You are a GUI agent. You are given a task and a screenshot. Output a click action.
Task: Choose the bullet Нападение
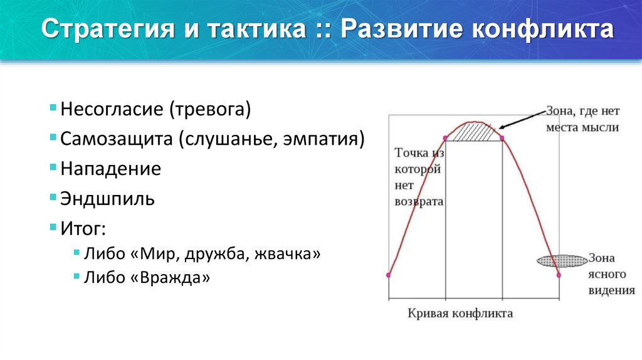111,169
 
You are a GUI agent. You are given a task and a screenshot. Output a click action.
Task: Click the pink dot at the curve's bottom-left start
389,275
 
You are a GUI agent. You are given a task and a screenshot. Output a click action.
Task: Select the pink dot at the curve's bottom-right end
559,274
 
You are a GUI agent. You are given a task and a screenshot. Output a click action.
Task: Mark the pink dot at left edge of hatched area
445,138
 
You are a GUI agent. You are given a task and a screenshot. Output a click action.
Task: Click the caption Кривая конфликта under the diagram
460,312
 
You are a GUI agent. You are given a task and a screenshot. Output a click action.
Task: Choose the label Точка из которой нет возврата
419,177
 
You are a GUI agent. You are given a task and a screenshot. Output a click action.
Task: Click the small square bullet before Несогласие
54,108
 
